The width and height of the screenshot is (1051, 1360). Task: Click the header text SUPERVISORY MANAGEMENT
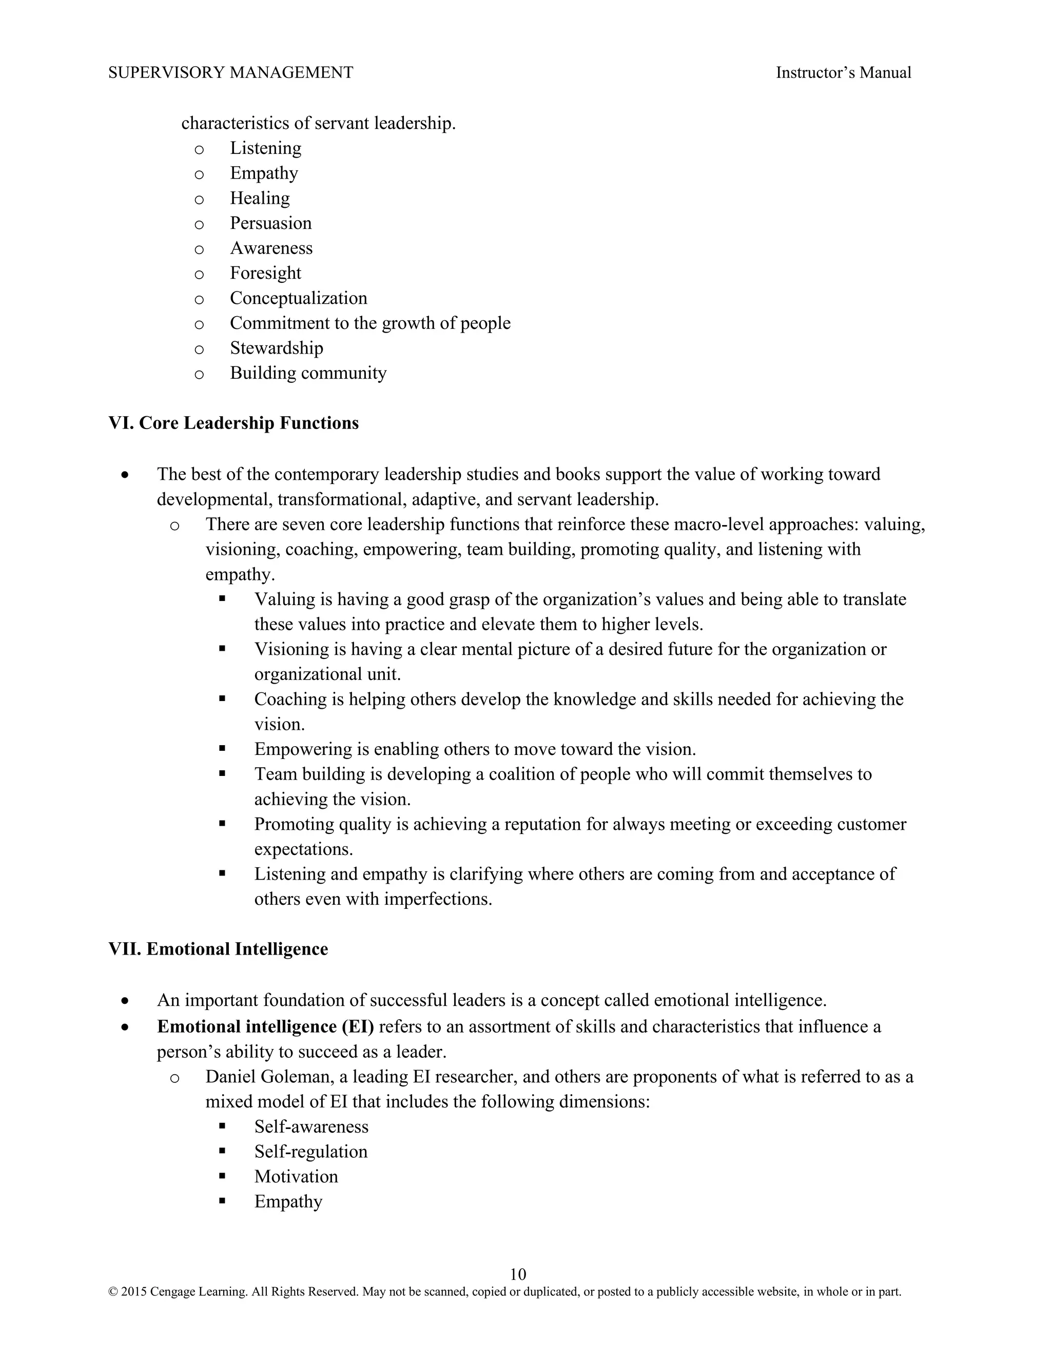230,73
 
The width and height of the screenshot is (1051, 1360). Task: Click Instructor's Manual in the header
843,73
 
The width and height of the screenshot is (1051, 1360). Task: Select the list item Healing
260,198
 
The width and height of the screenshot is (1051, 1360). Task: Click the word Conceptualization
298,298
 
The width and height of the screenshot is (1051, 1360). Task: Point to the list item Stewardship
277,347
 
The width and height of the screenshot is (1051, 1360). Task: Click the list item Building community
308,373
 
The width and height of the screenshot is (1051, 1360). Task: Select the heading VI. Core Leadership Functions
233,423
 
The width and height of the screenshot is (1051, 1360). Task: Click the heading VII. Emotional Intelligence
218,948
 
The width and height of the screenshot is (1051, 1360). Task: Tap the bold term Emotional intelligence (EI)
265,1026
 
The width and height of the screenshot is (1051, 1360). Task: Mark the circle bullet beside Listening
199,149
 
